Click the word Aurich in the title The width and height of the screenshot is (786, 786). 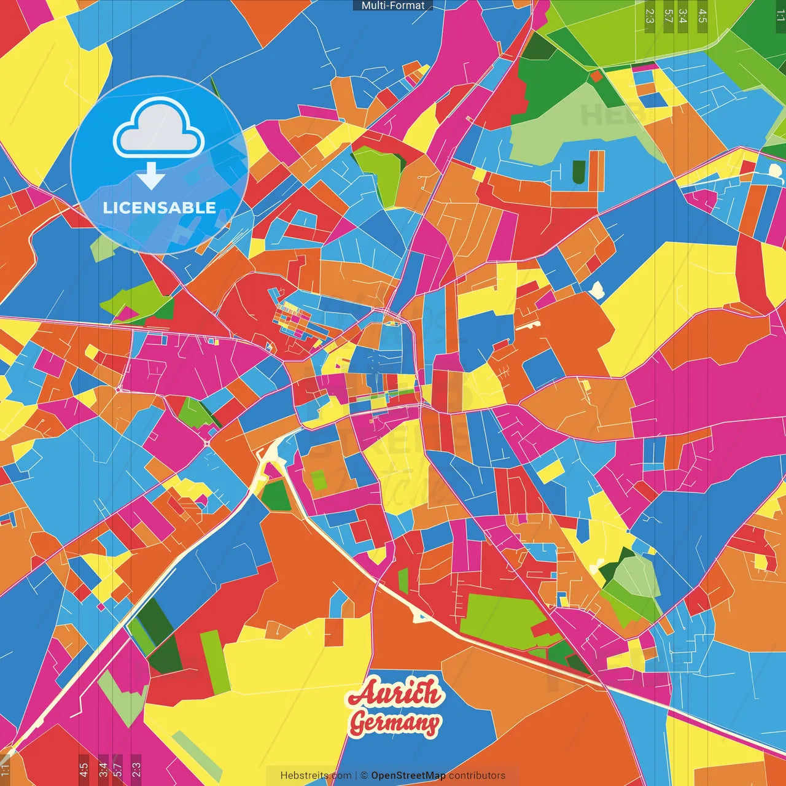click(395, 694)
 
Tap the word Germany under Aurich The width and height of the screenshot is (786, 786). click(395, 723)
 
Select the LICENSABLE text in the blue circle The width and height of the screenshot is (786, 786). click(160, 208)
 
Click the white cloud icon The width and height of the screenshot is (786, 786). click(159, 129)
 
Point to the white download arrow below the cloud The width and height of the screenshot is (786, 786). click(151, 177)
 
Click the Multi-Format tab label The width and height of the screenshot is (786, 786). click(393, 6)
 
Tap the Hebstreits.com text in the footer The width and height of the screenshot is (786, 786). click(316, 776)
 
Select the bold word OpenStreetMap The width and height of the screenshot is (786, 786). click(408, 776)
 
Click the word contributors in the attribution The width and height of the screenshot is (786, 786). click(477, 776)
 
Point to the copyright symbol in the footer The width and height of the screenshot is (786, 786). click(364, 776)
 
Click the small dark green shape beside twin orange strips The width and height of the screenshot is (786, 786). click(578, 171)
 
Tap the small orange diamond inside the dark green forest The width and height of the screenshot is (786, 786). click(595, 77)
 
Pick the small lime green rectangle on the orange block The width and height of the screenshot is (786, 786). click(318, 480)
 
